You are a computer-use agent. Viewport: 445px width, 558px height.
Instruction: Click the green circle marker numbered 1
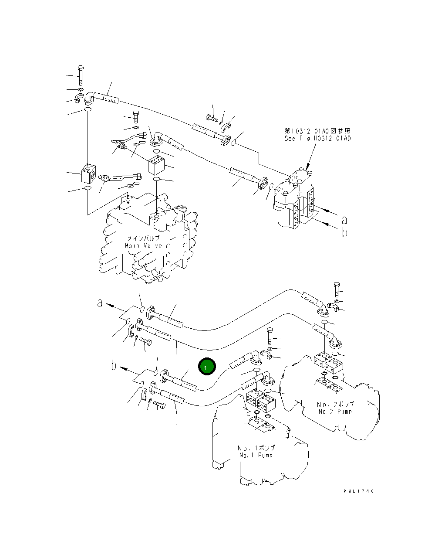pos(206,367)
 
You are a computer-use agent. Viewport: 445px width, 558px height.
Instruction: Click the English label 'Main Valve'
pos(143,245)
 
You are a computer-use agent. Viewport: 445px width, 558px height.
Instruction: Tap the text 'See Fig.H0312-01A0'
pos(317,138)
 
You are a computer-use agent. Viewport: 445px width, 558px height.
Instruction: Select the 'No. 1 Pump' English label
pos(256,455)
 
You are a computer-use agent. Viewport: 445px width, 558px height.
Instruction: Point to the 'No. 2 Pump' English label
pos(335,411)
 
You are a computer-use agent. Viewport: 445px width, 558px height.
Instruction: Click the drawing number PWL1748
pos(358,491)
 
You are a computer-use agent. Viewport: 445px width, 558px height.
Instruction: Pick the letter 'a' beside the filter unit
pos(344,219)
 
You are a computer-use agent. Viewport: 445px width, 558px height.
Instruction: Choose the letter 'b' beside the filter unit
pos(344,232)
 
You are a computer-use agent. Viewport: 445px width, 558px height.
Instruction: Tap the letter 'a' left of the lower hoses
pos(100,302)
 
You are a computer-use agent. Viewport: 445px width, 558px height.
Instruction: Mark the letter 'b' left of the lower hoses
pos(114,365)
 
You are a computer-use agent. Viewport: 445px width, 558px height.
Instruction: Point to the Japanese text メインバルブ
pos(143,238)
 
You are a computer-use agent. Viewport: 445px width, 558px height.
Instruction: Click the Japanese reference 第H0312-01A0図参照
pos(317,131)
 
